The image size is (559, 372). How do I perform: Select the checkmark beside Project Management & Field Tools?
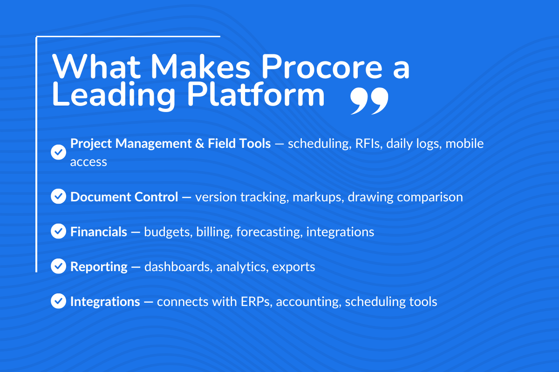click(x=58, y=152)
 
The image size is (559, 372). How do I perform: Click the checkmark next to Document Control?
click(x=58, y=197)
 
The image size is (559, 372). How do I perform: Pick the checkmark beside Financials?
click(x=58, y=231)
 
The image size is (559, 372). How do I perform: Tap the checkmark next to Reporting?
click(x=58, y=266)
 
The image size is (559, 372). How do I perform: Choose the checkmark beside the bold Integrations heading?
click(x=58, y=301)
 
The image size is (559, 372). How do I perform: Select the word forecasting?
click(x=269, y=232)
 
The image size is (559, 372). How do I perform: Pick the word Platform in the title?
click(x=255, y=95)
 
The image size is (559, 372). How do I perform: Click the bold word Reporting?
click(x=99, y=266)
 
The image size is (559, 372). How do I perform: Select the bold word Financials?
click(x=99, y=232)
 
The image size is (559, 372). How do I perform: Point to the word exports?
click(x=293, y=266)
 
